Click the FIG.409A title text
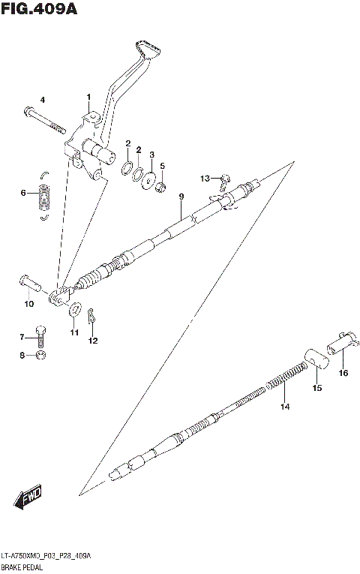click(x=39, y=10)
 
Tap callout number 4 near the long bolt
click(x=43, y=101)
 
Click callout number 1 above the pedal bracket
click(x=88, y=98)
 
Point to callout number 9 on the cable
click(x=181, y=197)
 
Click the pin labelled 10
click(x=29, y=284)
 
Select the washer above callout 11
click(x=75, y=309)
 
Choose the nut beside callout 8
click(x=41, y=355)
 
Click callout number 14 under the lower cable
click(x=284, y=407)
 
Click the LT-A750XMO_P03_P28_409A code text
click(x=46, y=556)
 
